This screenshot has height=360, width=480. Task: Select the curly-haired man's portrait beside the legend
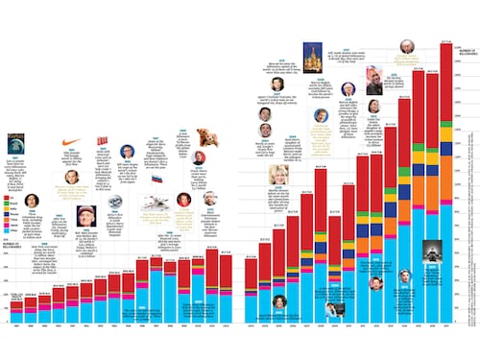click(31, 200)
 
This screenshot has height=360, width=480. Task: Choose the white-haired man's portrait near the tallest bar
click(407, 47)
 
